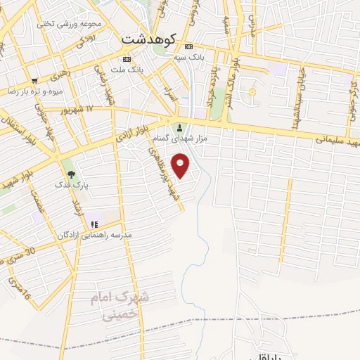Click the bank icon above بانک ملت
[127, 58]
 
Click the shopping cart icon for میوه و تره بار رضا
[34, 81]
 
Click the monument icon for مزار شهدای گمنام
[180, 128]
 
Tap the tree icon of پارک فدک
[70, 174]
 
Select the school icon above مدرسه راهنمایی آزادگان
[93, 225]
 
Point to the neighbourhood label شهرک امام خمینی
[120, 306]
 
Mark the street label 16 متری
[19, 288]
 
